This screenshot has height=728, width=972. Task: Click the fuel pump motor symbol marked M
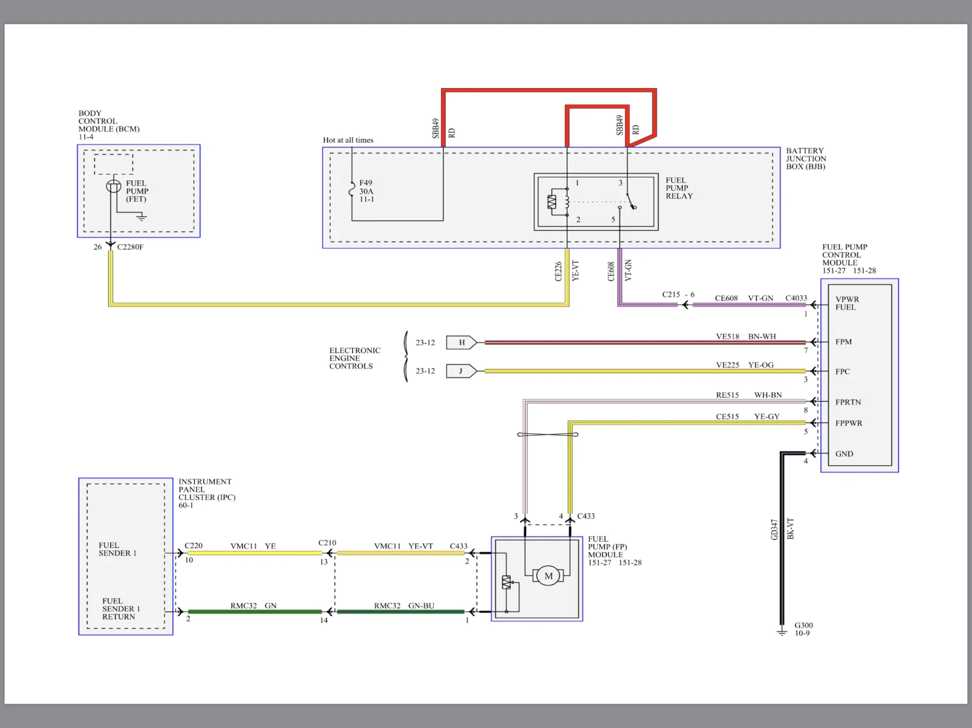548,576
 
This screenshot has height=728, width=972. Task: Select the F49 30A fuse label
366,191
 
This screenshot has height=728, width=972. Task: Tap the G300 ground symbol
782,631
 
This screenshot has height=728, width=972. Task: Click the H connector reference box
462,342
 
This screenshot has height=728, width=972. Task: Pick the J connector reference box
462,371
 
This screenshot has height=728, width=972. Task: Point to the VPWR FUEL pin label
847,303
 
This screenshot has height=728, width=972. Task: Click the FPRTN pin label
848,403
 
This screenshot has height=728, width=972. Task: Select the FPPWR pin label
849,423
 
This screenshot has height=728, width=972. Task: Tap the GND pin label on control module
844,454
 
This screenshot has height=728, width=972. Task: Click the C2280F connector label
130,247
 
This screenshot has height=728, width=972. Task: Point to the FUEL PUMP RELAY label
679,188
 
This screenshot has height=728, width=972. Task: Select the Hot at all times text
348,140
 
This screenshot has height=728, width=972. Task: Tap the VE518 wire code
728,336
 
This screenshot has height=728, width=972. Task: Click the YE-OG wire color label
761,365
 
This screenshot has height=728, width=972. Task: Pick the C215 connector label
671,294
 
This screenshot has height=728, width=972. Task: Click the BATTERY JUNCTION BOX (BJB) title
806,158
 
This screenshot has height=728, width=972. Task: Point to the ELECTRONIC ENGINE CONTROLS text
355,358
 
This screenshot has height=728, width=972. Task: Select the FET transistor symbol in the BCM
114,186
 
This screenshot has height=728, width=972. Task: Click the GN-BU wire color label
421,606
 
